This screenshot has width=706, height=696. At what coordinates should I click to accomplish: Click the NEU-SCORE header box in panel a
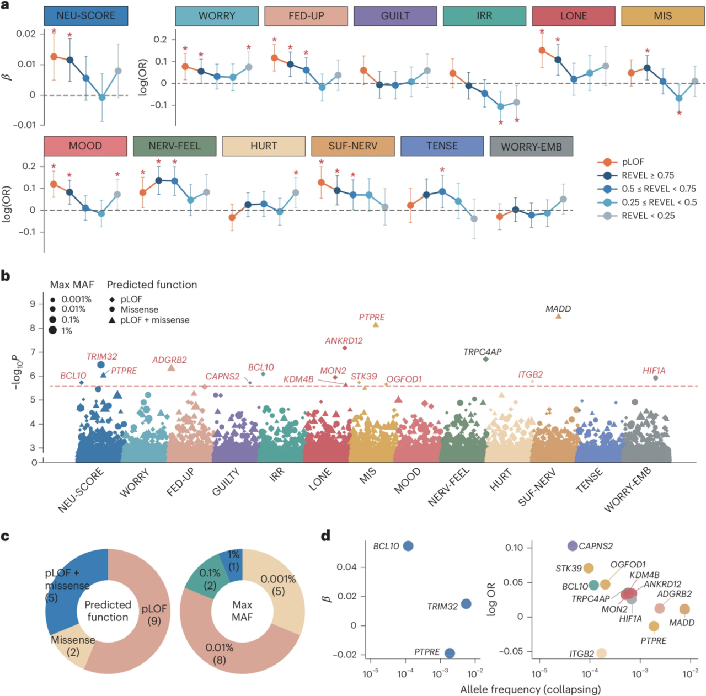(86, 15)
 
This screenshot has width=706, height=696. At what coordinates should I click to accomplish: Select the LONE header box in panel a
(573, 16)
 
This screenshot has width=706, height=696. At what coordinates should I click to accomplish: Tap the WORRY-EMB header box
(531, 146)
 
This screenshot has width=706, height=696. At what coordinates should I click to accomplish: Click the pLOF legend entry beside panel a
(633, 162)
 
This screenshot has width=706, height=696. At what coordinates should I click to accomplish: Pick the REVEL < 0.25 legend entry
(648, 216)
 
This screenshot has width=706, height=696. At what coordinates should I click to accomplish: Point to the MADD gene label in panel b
(558, 309)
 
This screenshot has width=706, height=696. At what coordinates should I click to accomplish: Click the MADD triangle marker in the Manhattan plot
(558, 317)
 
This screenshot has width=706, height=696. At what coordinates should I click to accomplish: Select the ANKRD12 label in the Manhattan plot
(344, 341)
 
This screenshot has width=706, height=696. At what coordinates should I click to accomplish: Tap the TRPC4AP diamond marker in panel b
(485, 359)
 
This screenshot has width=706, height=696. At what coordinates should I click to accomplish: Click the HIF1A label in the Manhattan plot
(654, 371)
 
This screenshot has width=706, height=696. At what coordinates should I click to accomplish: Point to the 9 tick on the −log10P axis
(33, 304)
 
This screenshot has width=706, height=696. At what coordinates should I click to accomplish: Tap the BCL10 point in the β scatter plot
(408, 546)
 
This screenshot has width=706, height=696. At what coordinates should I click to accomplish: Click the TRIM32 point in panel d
(466, 604)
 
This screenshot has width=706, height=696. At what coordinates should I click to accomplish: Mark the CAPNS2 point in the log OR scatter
(573, 546)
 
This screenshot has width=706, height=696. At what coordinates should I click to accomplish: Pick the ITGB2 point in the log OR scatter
(601, 653)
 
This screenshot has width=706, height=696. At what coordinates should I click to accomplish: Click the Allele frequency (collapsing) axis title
(530, 689)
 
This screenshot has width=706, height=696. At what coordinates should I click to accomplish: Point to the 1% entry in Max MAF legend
(67, 331)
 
